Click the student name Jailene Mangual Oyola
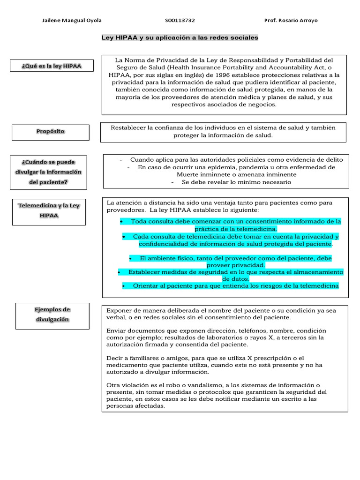pyautogui.click(x=72, y=21)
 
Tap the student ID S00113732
pyautogui.click(x=180, y=21)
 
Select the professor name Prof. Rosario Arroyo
pyautogui.click(x=291, y=21)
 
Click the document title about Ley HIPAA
pyautogui.click(x=180, y=37)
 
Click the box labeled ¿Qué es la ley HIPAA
pyautogui.click(x=52, y=66)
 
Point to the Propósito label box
pyautogui.click(x=50, y=132)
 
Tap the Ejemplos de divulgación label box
pyautogui.click(x=52, y=315)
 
